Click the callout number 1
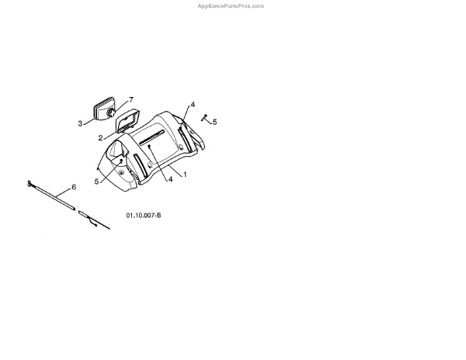point(185,175)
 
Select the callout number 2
point(101,137)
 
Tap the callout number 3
point(80,123)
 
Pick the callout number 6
point(74,187)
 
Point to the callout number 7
point(131,100)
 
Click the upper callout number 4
point(193,104)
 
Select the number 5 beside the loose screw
point(215,122)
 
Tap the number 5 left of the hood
point(97,182)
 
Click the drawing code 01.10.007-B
point(143,216)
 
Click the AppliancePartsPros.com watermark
point(232,6)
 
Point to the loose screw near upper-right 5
point(205,118)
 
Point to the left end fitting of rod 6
point(30,184)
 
